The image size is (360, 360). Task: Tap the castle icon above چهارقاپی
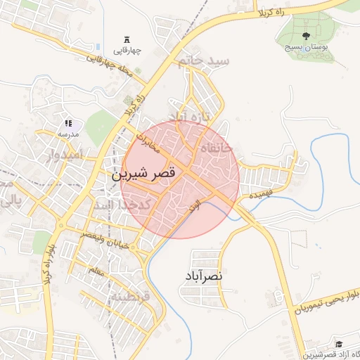point(127,38)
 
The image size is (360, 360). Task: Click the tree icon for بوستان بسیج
point(306,35)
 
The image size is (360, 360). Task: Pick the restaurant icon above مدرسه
point(68,123)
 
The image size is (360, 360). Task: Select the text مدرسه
point(68,134)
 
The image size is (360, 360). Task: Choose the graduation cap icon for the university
point(337,344)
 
